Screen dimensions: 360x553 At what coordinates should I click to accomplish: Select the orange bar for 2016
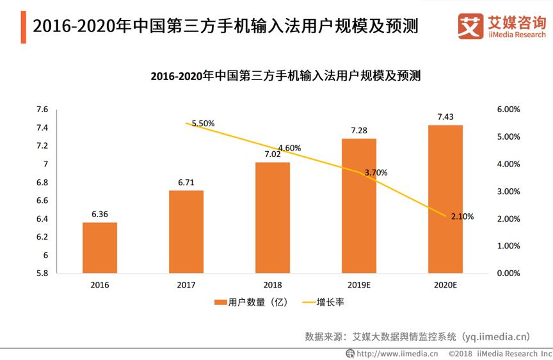(x=100, y=247)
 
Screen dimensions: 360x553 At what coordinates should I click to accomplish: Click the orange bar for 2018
(x=273, y=218)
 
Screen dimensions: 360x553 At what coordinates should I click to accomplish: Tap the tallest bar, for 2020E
(x=445, y=199)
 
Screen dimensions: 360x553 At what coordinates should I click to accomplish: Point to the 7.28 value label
(x=358, y=131)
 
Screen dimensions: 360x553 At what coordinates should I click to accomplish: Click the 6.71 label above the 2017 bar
(x=186, y=183)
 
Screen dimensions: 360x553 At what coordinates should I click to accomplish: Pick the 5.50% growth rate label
(x=203, y=123)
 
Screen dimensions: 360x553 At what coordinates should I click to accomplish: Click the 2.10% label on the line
(x=462, y=217)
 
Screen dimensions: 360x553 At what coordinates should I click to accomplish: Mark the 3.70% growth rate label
(x=376, y=172)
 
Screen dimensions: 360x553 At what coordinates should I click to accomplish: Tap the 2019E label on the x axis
(x=359, y=284)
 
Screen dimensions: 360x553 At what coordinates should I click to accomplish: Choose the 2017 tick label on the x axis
(x=186, y=284)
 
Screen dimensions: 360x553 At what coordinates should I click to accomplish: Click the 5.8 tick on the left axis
(x=42, y=274)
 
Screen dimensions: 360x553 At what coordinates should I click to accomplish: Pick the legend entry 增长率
(x=323, y=301)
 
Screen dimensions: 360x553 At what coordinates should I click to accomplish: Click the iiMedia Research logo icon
(x=470, y=26)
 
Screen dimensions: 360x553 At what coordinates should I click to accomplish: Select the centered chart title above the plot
(x=276, y=76)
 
